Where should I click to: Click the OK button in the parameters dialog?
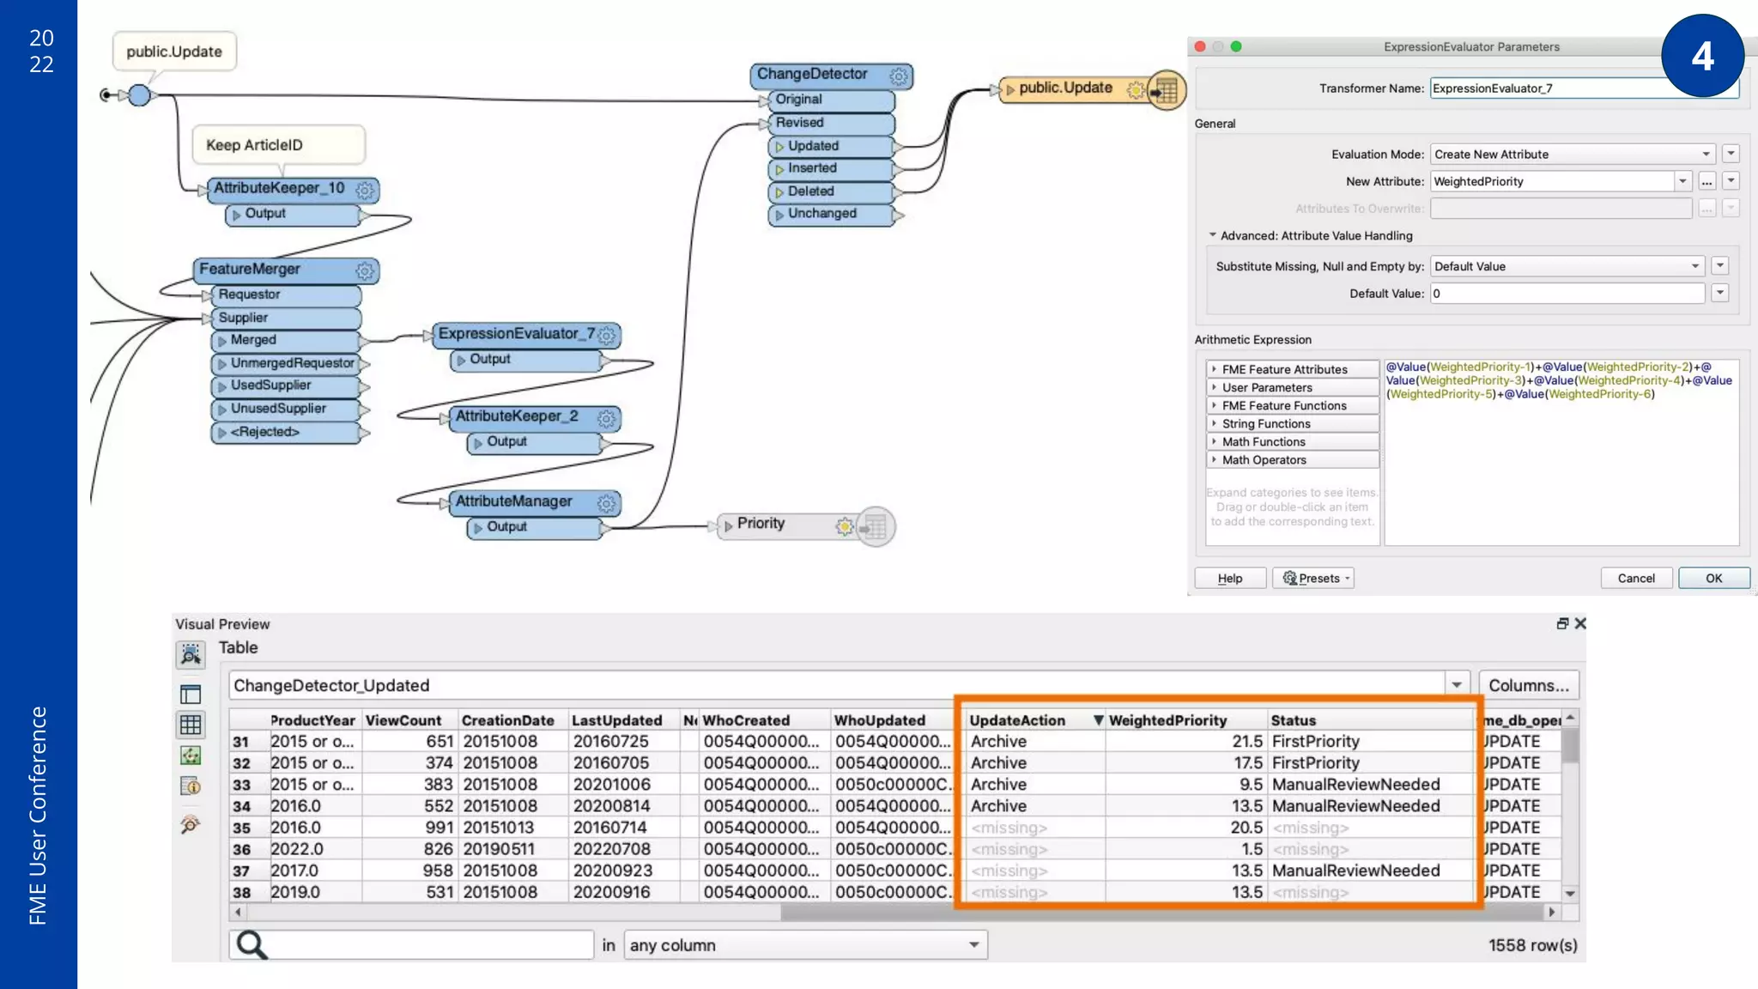1713,578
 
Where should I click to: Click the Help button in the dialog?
1229,578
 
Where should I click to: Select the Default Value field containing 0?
1567,293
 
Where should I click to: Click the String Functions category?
1265,423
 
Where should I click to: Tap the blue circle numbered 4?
1702,56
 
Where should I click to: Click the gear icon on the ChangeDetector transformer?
898,76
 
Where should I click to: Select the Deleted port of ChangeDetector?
810,191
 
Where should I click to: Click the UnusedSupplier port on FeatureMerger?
278,409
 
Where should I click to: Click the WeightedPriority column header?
1167,719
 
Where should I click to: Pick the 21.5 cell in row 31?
1246,741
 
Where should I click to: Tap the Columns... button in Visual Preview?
1528,685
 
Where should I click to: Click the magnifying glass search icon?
252,944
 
